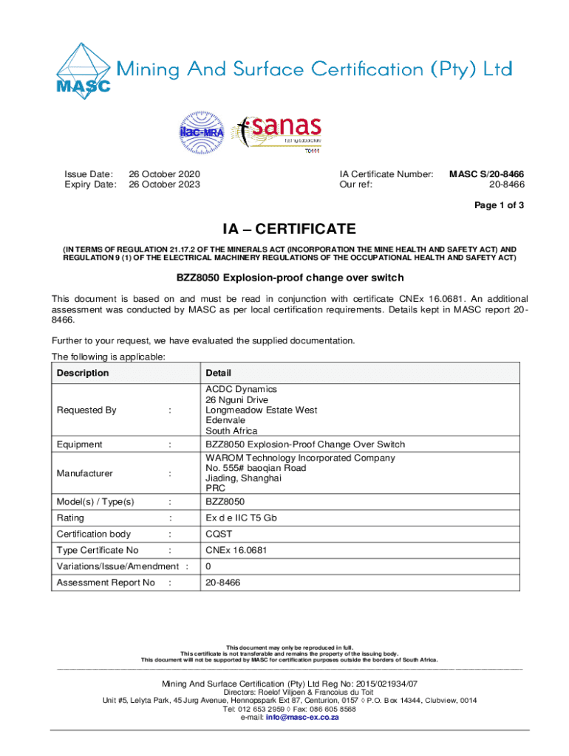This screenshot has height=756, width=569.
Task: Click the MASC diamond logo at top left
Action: point(83,69)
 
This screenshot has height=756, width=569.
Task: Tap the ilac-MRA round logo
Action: point(199,133)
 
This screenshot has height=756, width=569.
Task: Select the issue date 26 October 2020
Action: point(164,174)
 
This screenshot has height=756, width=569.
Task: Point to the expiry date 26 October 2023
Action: point(164,185)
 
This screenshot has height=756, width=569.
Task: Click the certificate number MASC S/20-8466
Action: point(487,174)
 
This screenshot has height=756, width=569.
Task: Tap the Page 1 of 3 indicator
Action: point(500,206)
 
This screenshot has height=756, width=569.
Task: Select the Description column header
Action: point(83,373)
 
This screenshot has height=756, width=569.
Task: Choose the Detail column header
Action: point(219,374)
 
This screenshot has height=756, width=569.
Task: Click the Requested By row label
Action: point(86,410)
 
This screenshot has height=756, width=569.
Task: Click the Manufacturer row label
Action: point(84,473)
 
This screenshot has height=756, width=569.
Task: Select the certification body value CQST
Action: point(219,534)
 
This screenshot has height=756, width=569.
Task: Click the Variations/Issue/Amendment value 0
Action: point(208,566)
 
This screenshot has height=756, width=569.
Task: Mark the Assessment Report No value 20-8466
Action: point(222,583)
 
